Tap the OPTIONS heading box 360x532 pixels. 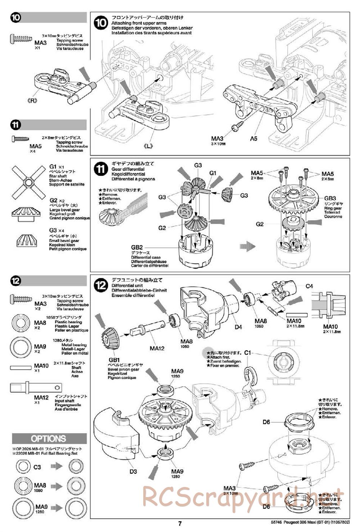[49, 438]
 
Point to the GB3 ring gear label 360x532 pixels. [330, 198]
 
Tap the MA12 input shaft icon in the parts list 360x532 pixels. [35, 388]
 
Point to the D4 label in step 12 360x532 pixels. [238, 327]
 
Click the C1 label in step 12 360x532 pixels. [247, 353]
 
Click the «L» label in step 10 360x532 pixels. [148, 146]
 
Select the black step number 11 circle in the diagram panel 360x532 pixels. [101, 169]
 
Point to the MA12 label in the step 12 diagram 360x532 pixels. [157, 348]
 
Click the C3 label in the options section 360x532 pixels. [37, 467]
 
